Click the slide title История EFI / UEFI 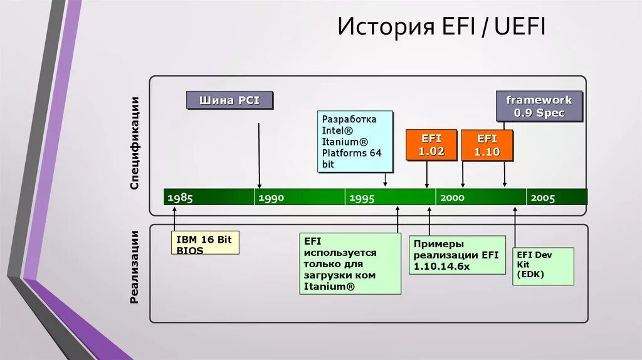[442, 28]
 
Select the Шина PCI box [229, 100]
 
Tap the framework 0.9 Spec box [539, 107]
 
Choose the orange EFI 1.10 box [487, 145]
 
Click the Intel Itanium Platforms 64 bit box [355, 141]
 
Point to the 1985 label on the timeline [180, 198]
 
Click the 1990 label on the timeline [271, 198]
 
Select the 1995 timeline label [362, 198]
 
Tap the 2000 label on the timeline [452, 198]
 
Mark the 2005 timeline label [543, 198]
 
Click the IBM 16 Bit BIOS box [205, 243]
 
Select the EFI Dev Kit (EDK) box [543, 266]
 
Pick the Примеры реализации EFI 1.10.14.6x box [457, 255]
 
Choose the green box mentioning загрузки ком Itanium [350, 263]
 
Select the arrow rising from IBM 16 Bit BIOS [175, 220]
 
